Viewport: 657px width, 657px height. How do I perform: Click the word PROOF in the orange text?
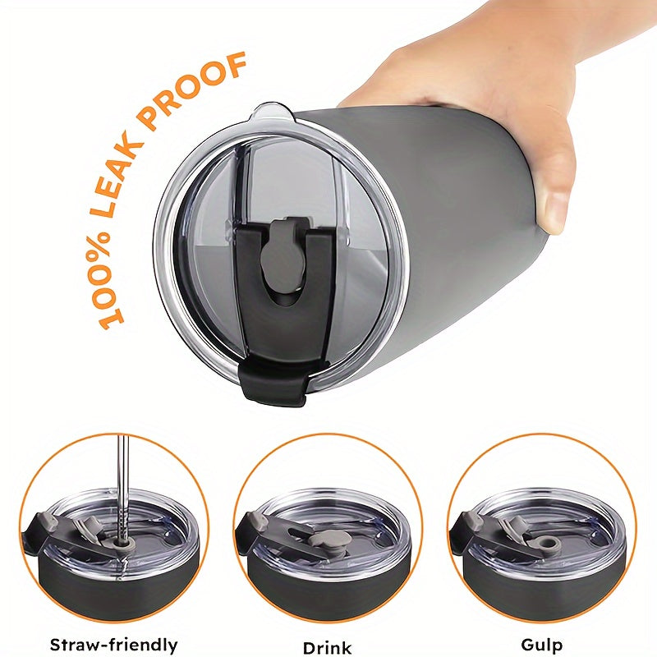(193, 90)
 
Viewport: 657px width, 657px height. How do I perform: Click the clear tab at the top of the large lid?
(273, 113)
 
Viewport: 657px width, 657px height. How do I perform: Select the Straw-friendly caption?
(113, 645)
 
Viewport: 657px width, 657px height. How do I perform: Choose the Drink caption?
(327, 647)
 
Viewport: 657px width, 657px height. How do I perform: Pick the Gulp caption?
(541, 645)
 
